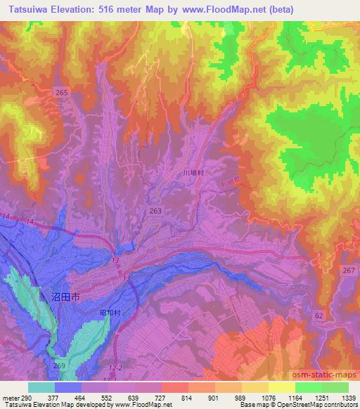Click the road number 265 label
(63, 92)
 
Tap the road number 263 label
(155, 210)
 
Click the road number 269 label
(58, 366)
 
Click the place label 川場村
(193, 172)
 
